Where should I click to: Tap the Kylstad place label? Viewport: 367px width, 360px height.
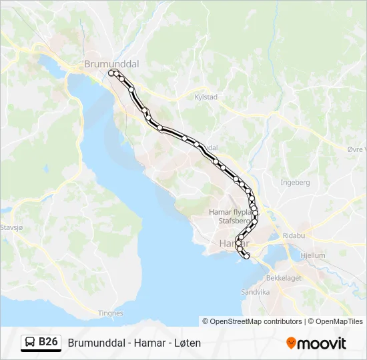coord(206,97)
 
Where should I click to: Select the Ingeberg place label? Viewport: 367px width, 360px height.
coord(295,182)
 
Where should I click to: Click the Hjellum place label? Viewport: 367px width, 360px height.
coord(313,255)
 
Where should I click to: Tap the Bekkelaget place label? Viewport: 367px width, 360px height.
coord(284,277)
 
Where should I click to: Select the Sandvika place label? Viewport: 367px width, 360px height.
coord(255,292)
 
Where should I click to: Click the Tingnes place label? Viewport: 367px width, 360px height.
coord(111,313)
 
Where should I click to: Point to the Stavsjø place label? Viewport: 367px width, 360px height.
coord(11,227)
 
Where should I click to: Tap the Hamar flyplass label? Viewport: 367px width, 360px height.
coord(230,212)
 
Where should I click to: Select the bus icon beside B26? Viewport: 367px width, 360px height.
coord(30,343)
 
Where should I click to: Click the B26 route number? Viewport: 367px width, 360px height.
coord(49,342)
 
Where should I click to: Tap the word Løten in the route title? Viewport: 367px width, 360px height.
coord(188,343)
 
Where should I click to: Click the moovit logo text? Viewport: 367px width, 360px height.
coord(322,343)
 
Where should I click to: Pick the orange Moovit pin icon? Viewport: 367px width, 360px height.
coord(291,343)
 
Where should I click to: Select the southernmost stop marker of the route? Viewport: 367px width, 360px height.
coord(246,256)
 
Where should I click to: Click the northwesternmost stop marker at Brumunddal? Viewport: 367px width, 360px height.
coord(111,72)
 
